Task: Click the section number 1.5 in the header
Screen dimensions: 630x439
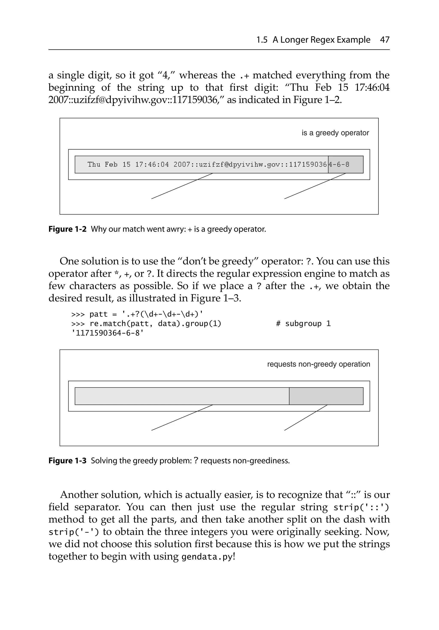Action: pyautogui.click(x=262, y=40)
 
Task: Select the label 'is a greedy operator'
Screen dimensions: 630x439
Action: pyautogui.click(x=335, y=133)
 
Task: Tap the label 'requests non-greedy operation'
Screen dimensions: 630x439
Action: pyautogui.click(x=318, y=364)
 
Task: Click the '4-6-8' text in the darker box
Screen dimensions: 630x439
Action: pyautogui.click(x=339, y=165)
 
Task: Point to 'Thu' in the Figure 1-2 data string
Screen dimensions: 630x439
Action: pyautogui.click(x=94, y=165)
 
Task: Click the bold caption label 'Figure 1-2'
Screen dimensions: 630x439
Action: pyautogui.click(x=68, y=229)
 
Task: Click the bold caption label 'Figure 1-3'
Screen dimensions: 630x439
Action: pyautogui.click(x=68, y=461)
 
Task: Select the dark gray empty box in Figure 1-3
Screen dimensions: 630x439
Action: pyautogui.click(x=326, y=396)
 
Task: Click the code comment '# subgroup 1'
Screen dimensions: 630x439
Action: pyautogui.click(x=303, y=324)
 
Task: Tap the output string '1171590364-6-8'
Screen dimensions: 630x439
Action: pyautogui.click(x=108, y=333)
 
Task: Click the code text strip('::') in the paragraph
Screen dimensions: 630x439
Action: pyautogui.click(x=361, y=507)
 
